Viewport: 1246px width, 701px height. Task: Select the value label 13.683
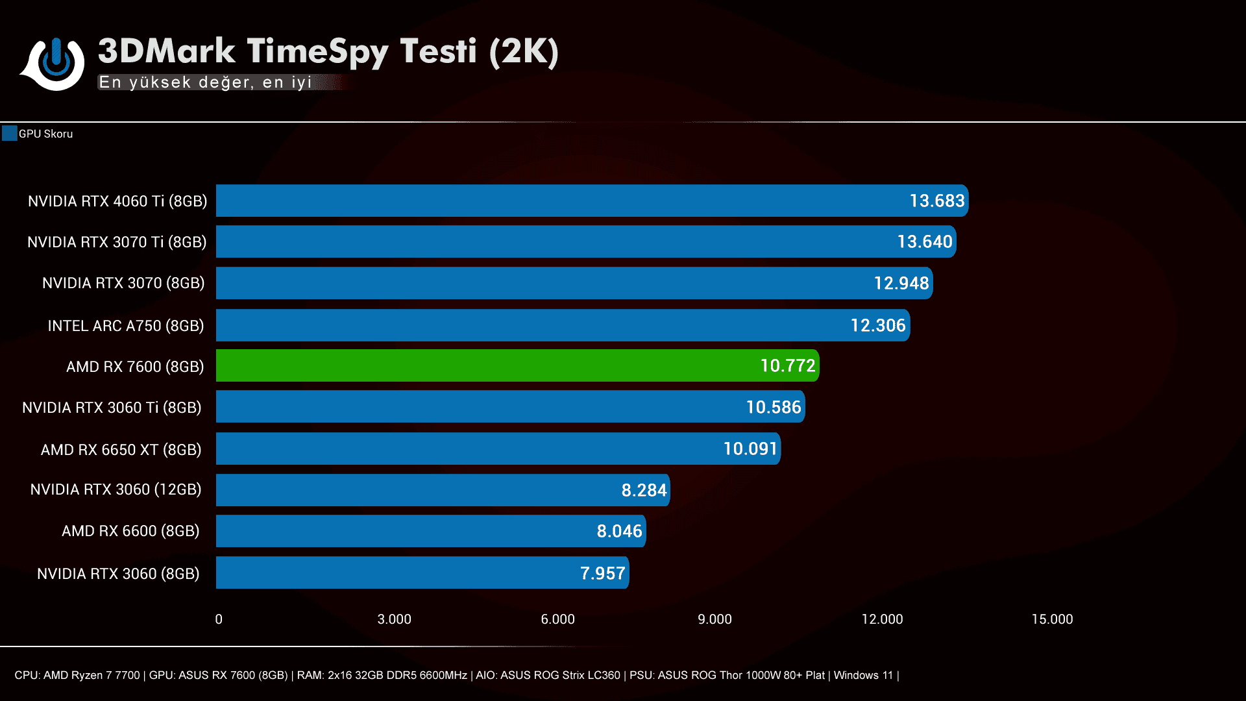[936, 201]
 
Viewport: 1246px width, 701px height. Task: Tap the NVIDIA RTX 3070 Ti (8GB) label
[117, 242]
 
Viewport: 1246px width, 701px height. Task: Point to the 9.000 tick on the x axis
[715, 619]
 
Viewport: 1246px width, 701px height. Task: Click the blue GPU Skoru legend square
[9, 134]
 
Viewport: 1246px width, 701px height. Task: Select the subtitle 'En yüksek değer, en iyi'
[205, 82]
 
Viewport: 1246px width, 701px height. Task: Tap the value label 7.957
[602, 574]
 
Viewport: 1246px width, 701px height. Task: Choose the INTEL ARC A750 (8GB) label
[126, 326]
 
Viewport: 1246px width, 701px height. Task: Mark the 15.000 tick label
[1052, 619]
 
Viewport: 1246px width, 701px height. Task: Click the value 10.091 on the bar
[750, 449]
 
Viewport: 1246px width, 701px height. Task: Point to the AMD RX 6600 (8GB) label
[130, 531]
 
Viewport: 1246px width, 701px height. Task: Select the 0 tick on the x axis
[219, 619]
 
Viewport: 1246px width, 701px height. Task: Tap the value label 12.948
[901, 284]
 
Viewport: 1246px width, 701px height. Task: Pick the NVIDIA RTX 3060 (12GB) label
[116, 489]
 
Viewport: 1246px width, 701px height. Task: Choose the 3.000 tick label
[394, 619]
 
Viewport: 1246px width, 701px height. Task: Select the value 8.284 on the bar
[644, 491]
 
